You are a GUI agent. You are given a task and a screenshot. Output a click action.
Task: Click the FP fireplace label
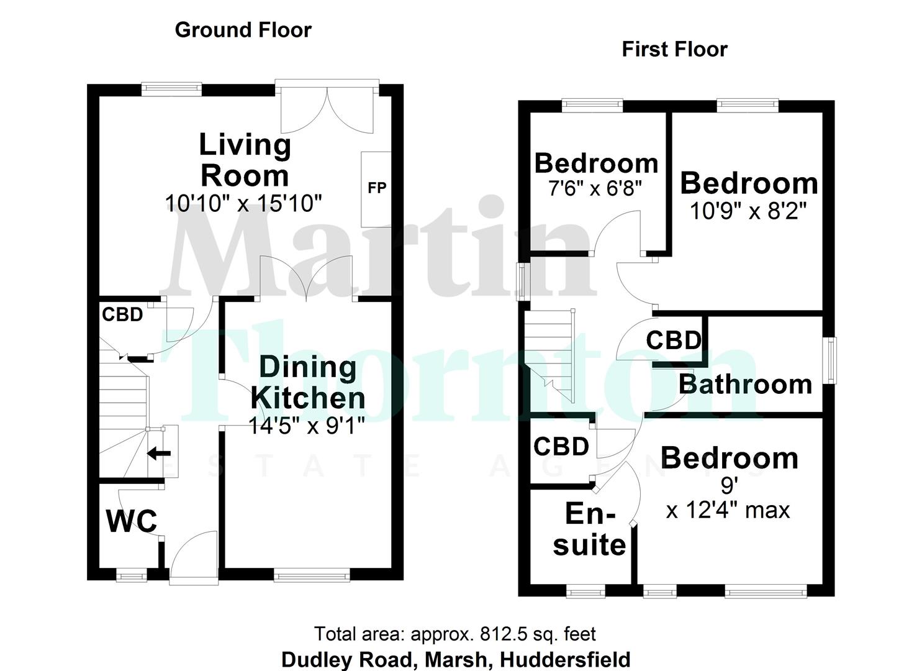[x=377, y=188]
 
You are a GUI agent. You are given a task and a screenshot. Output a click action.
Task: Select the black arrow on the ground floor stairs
[x=159, y=454]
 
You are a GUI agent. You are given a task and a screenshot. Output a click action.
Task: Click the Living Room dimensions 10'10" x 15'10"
[x=243, y=203]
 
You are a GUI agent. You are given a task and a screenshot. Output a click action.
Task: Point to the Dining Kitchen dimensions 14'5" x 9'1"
[x=306, y=426]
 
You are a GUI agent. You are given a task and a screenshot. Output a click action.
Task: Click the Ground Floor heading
[x=243, y=30]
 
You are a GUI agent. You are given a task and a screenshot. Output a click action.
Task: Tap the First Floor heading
[x=674, y=49]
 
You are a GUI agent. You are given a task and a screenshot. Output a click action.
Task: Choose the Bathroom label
[x=745, y=385]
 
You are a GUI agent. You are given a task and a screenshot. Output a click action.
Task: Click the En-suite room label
[x=589, y=529]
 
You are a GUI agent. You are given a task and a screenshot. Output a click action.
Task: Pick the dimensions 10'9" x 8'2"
[x=748, y=211]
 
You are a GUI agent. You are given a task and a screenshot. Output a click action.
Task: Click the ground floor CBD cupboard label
[x=122, y=314]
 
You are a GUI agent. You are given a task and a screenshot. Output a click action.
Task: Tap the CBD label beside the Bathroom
[x=674, y=340]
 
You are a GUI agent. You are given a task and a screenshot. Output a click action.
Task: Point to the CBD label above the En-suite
[x=561, y=447]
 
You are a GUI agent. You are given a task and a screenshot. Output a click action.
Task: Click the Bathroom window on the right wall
[x=829, y=360]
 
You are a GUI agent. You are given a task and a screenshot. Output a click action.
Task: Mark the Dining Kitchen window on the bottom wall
[x=312, y=576]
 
